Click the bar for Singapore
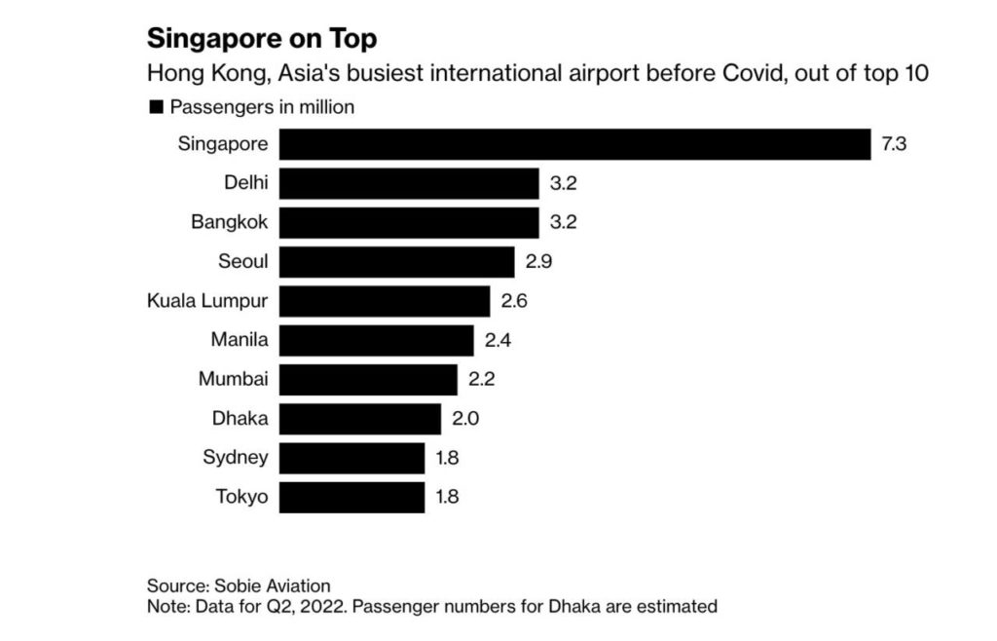(x=574, y=144)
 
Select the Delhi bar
(x=409, y=183)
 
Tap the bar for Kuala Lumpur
(x=385, y=301)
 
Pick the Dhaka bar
(x=360, y=419)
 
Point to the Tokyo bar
(x=351, y=497)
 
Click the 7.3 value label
(x=894, y=144)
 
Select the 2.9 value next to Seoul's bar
(x=538, y=262)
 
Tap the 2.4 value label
(x=498, y=340)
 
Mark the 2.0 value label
(x=465, y=419)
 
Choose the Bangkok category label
(x=229, y=222)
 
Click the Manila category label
(x=239, y=340)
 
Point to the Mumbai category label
(x=233, y=379)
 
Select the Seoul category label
(x=243, y=262)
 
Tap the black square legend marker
(x=155, y=107)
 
